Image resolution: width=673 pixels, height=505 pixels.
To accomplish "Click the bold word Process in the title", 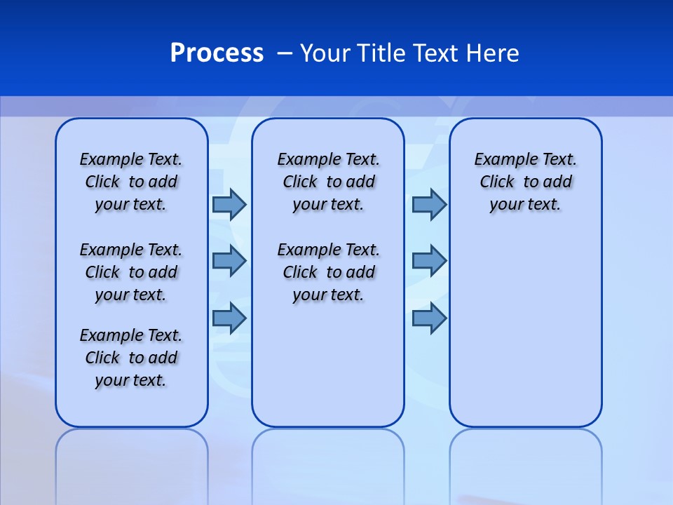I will tap(217, 53).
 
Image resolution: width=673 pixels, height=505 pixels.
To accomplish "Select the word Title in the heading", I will tap(381, 53).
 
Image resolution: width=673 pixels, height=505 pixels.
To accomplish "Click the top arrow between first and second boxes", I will tap(229, 205).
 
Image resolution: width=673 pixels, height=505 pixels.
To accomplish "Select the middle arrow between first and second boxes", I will tap(229, 261).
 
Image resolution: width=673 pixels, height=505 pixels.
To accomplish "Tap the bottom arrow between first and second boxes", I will tap(229, 318).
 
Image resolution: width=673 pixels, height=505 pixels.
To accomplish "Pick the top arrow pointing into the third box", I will tap(429, 205).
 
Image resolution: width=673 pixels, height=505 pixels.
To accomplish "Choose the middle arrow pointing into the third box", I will tap(429, 261).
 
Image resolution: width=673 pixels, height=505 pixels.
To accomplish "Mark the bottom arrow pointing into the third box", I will tap(429, 318).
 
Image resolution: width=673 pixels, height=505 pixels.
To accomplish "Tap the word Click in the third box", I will tap(497, 182).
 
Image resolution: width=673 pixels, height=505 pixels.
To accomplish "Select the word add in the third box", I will tap(557, 182).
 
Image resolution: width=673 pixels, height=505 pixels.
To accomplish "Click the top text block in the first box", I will tap(131, 182).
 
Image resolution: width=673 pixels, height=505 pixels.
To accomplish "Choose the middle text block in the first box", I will tap(131, 272).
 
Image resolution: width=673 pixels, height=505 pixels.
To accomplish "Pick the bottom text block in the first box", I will tap(131, 358).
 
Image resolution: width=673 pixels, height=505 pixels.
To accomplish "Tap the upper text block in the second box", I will tap(328, 182).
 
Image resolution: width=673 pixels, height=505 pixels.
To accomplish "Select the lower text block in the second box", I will tap(328, 272).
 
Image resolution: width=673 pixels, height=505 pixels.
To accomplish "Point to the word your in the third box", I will tap(505, 205).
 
